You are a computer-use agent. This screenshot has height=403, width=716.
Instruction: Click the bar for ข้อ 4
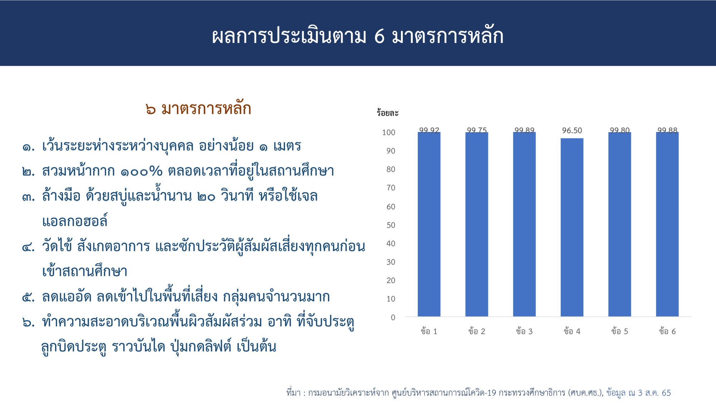(572, 227)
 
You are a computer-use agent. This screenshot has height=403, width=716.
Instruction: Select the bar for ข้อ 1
(429, 224)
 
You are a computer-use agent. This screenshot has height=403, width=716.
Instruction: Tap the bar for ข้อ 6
(667, 224)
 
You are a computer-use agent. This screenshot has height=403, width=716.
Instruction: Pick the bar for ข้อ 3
(524, 224)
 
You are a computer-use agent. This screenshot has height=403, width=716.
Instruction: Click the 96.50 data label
(572, 130)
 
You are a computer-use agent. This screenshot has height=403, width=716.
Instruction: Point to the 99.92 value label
(429, 130)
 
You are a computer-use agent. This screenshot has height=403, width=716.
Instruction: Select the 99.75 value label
(476, 130)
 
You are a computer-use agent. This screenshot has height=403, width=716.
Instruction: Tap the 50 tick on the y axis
(391, 225)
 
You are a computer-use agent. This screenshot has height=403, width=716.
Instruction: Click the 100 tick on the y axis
(388, 133)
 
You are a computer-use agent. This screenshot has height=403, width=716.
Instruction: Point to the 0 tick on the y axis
(393, 317)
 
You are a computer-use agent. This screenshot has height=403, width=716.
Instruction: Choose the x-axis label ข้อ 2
(476, 331)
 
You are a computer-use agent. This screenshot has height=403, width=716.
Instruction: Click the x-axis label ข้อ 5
(619, 331)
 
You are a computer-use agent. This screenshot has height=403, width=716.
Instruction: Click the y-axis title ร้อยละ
(387, 113)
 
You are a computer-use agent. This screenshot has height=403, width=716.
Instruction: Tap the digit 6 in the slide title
(379, 37)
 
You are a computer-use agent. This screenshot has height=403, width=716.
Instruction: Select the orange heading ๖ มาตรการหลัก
(198, 109)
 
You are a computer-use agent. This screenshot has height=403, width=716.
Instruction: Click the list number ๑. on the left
(29, 147)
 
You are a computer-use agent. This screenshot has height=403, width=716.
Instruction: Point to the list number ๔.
(29, 247)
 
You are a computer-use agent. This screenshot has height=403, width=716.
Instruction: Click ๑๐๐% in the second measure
(141, 171)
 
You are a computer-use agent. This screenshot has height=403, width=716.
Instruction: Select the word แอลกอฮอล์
(75, 221)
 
